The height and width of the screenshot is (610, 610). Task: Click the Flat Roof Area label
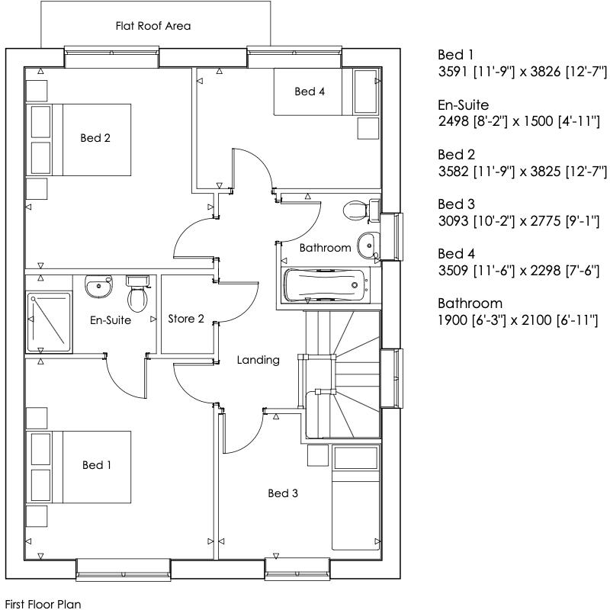pos(152,26)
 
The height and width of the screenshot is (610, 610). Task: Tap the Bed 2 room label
pos(96,138)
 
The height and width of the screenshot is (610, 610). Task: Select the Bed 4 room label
pos(310,91)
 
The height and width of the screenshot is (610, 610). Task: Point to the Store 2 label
pos(186,319)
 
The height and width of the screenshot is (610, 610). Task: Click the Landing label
pos(258,360)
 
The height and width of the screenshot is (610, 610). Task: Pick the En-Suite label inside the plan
pos(111,320)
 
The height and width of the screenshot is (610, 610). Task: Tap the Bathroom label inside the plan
pos(325,248)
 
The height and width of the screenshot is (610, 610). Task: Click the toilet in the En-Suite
pos(137,294)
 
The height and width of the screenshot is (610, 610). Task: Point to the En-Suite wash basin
pos(98,287)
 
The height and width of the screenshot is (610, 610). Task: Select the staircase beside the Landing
pos(342,374)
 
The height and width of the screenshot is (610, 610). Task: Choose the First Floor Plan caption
pos(43,603)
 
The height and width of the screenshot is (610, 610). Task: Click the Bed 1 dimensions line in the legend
pos(522,72)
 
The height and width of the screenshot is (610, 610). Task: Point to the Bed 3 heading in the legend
pos(456,204)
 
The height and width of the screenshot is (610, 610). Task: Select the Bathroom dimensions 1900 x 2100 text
pos(518,319)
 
